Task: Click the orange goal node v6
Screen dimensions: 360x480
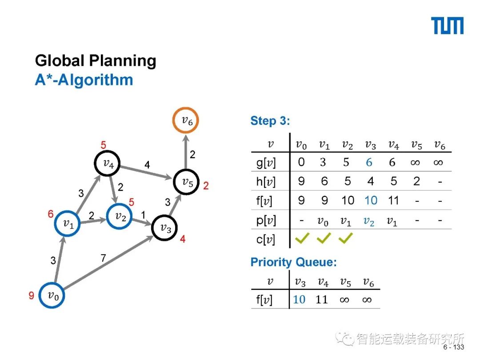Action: click(x=186, y=120)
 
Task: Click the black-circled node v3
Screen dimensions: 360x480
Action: click(x=165, y=228)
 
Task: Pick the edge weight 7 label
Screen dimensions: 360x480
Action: click(x=103, y=257)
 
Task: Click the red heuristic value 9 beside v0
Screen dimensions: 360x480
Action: click(x=32, y=296)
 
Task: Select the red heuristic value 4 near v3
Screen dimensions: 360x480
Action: click(x=183, y=239)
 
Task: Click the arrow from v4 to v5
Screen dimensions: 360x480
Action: click(x=147, y=173)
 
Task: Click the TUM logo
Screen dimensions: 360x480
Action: click(x=447, y=26)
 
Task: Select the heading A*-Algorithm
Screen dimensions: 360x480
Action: click(x=84, y=80)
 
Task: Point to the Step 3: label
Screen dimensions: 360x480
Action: click(x=270, y=121)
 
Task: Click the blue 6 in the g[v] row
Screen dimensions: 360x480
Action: click(x=369, y=163)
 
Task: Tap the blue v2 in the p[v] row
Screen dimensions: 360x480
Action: click(x=369, y=221)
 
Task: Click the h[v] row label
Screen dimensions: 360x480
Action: click(x=266, y=182)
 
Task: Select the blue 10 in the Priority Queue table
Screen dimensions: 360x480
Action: click(x=300, y=300)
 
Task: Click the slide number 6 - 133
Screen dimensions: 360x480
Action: click(x=453, y=347)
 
